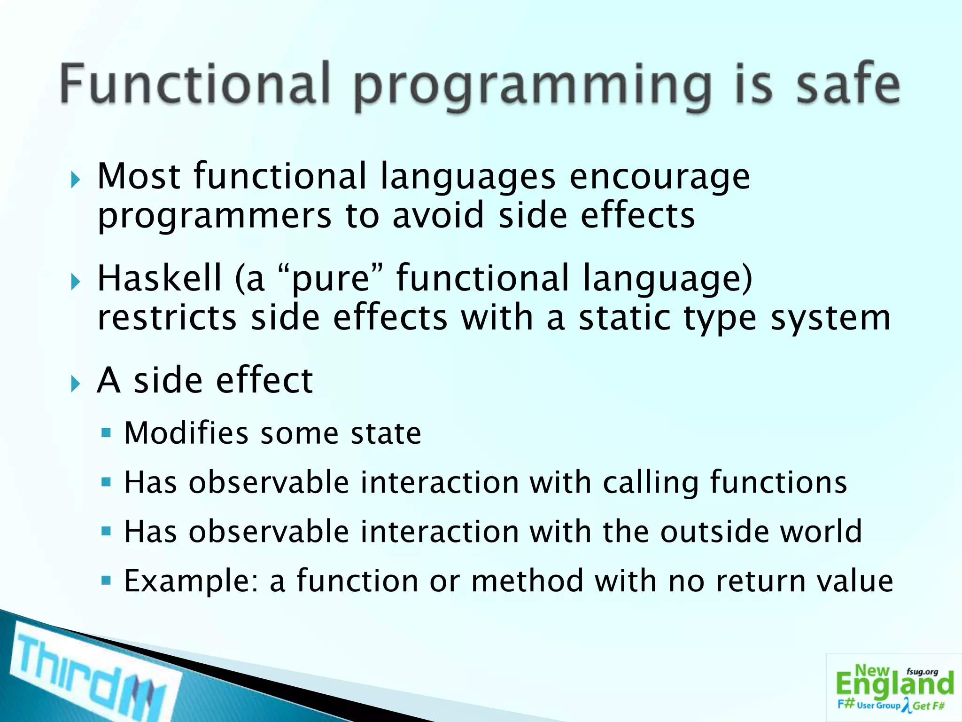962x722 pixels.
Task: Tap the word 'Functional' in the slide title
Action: point(195,85)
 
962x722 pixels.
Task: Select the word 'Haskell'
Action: point(159,278)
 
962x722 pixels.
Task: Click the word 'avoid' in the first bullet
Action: point(438,215)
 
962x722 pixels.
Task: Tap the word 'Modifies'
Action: point(186,433)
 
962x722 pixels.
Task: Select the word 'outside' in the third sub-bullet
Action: point(714,532)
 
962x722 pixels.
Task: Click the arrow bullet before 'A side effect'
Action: point(76,385)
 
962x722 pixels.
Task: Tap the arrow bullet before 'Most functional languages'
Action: point(76,180)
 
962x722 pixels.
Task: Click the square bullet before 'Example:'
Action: point(106,581)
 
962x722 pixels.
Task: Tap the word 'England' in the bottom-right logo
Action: point(894,684)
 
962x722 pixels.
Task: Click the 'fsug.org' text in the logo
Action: point(922,672)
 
